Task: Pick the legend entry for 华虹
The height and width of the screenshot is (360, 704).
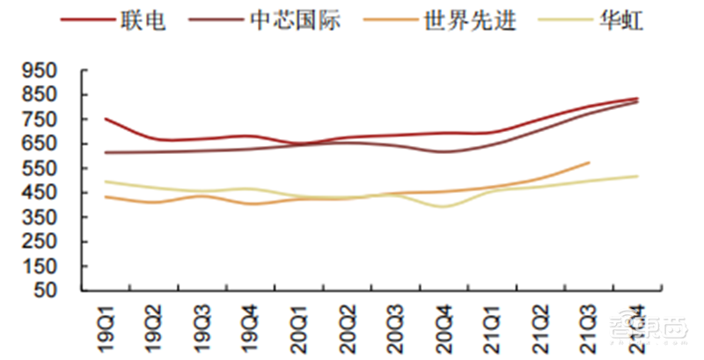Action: (x=620, y=20)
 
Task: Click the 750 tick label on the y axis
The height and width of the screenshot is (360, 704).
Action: (x=42, y=119)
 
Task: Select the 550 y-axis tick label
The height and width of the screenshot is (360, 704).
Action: (x=42, y=168)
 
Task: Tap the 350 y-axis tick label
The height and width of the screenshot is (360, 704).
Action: (x=42, y=217)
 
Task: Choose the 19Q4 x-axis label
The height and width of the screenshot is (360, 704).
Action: (x=251, y=327)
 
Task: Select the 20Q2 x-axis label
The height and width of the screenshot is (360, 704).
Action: (x=348, y=327)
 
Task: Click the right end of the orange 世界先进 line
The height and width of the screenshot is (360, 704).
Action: (x=589, y=162)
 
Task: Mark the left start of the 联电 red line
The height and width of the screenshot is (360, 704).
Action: (x=105, y=119)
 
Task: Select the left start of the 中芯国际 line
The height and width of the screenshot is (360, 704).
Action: (x=105, y=152)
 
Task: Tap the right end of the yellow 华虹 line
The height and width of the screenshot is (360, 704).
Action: (x=637, y=176)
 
